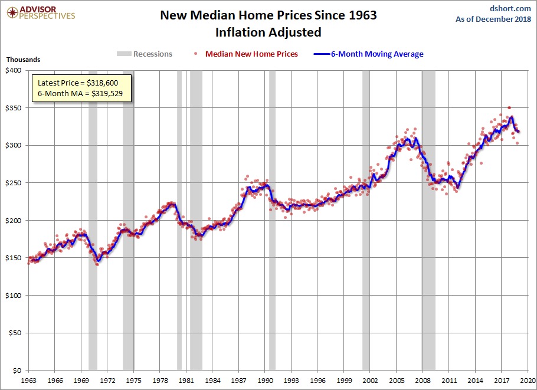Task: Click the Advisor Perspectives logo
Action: [40, 13]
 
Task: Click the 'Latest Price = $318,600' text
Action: [81, 83]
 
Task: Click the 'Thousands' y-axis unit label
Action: [23, 60]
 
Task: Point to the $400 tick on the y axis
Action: [13, 70]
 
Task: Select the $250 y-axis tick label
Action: [13, 183]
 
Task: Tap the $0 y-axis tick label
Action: [17, 371]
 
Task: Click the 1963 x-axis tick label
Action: [29, 380]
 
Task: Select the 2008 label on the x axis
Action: [423, 380]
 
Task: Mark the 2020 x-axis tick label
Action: [528, 380]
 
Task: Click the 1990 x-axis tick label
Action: [265, 380]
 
